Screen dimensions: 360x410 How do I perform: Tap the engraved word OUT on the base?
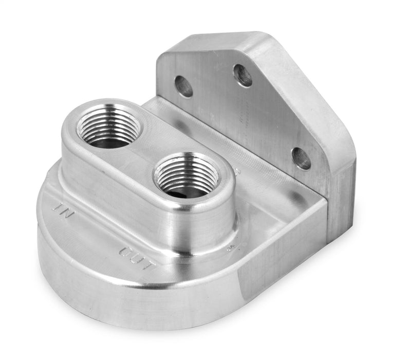pos(137,259)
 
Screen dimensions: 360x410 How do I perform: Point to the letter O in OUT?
pos(125,253)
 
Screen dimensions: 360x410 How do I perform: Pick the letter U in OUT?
pos(137,259)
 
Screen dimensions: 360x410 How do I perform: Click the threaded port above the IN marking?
pos(108,126)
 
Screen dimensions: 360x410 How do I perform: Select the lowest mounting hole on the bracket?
pos(301,158)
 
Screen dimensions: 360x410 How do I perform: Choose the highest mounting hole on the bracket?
pos(243,75)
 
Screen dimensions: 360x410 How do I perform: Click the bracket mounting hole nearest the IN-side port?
pos(183,86)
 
